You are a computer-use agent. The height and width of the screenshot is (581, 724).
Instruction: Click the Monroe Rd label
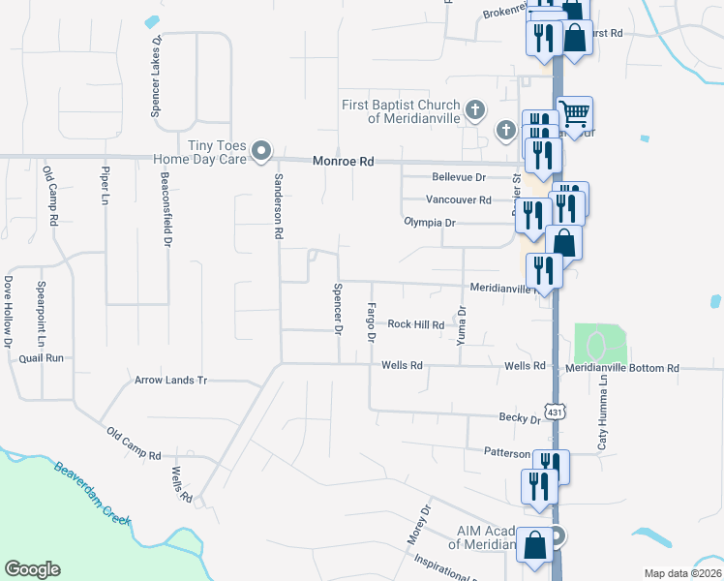click(343, 164)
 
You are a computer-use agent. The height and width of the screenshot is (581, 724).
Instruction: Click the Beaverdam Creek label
click(92, 492)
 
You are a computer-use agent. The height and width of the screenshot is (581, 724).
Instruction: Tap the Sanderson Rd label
click(278, 206)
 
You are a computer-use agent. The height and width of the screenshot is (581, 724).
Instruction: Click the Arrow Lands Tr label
click(171, 381)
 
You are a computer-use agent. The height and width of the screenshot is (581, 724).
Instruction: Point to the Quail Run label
click(41, 357)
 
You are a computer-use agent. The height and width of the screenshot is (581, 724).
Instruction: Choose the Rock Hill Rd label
click(415, 325)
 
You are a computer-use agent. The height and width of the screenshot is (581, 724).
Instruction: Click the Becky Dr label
click(520, 419)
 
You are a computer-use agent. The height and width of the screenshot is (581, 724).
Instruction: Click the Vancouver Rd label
click(459, 199)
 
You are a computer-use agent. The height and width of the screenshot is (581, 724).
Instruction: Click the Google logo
click(32, 569)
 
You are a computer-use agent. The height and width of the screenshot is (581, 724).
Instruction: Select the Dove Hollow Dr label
click(8, 311)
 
